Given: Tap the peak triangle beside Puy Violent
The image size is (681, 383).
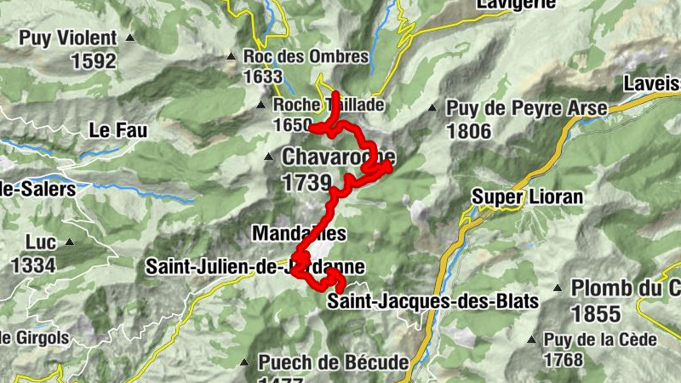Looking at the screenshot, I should tap(130, 38).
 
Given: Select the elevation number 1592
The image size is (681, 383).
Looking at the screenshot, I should tap(93, 61).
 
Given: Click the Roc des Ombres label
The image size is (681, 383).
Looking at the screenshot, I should tap(306, 57).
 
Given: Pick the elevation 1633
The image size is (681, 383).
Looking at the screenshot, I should tap(262, 77).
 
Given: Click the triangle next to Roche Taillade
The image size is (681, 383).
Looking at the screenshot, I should tap(261, 106).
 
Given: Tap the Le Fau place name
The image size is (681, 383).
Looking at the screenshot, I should tap(118, 130).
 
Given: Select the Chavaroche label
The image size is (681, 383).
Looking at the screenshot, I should tap(338, 157).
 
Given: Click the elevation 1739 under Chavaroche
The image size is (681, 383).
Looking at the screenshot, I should tap(306, 181).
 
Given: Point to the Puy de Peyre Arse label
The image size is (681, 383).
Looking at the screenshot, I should tap(527, 108).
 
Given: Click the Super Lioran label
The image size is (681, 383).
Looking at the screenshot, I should tap(528, 197).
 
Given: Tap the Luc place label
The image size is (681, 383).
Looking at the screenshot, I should tap(41, 242).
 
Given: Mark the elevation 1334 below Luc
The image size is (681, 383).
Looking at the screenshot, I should tap(33, 265).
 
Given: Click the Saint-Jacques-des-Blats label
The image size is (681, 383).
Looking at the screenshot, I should tap(433, 301).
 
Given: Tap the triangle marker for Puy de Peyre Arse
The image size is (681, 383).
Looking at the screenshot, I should tap(432, 108).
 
